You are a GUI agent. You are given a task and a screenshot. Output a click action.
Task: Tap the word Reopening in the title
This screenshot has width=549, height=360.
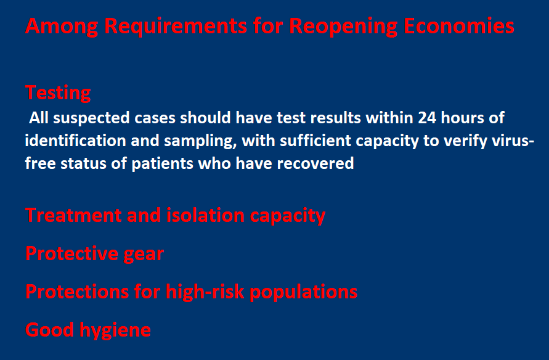pos(343,27)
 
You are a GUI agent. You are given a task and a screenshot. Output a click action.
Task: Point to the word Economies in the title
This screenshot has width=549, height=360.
pos(458,26)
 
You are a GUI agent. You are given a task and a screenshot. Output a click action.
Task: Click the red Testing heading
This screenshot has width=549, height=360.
pos(58,93)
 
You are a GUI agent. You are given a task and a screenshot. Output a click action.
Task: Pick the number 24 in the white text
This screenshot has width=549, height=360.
pos(427,118)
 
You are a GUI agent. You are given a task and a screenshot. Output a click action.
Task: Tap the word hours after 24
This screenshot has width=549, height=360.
pos(462,118)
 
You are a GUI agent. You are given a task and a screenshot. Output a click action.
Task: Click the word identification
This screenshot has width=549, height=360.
pos(75,141)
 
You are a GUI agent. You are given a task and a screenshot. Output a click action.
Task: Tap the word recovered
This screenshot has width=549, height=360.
pos(315,163)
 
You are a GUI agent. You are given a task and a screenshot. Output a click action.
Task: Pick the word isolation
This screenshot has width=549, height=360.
pos(205,215)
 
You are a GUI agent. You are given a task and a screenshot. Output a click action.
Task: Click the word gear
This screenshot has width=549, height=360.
pos(144,254)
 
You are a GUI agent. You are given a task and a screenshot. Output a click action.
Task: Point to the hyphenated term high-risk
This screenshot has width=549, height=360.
pos(205,292)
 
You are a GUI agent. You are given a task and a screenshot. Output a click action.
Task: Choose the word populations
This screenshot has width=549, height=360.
pos(304,292)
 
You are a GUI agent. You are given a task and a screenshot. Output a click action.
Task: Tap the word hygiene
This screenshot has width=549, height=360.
pos(115,330)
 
